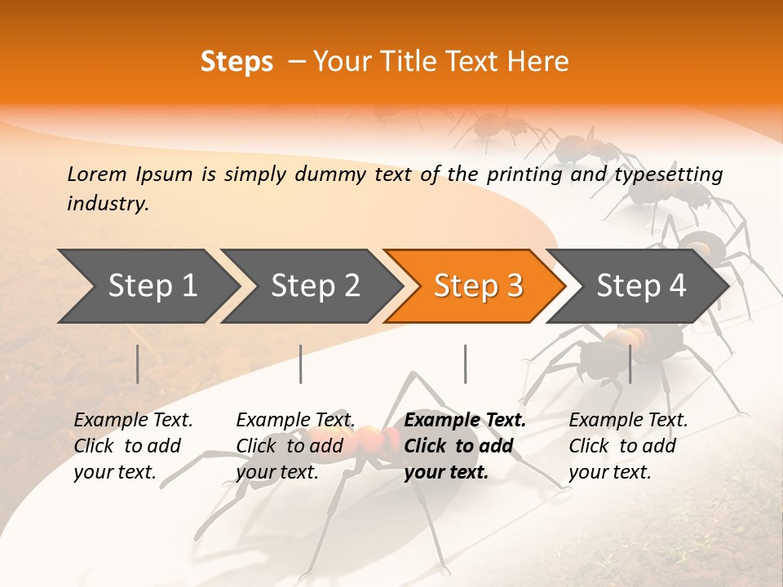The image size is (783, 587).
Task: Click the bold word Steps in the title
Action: point(237,62)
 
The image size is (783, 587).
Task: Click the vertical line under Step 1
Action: point(138,364)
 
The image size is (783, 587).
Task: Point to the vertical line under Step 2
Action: point(301,364)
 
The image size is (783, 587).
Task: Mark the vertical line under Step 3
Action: point(466,364)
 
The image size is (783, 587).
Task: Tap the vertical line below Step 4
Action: point(630,364)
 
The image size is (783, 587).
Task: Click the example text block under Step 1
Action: point(133,446)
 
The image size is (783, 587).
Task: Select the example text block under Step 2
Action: point(295,446)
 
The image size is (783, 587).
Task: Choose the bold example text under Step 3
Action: point(465,446)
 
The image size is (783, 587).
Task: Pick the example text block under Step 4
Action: point(628,446)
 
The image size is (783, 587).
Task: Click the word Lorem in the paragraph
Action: point(97,174)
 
